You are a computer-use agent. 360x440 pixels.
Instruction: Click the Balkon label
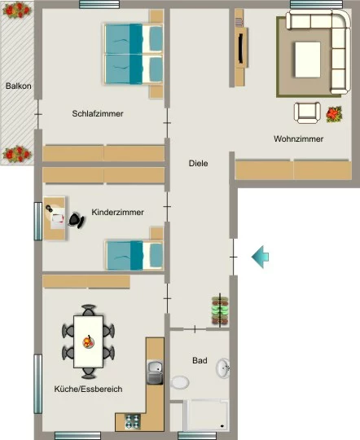click(19, 86)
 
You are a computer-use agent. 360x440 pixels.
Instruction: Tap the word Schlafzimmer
click(98, 113)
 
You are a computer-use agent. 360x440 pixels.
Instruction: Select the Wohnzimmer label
click(299, 139)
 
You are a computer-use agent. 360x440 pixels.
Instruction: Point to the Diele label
click(199, 163)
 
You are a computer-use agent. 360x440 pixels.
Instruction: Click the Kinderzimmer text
click(117, 212)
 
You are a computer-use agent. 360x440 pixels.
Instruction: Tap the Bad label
click(200, 360)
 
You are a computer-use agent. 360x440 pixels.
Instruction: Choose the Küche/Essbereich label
click(88, 389)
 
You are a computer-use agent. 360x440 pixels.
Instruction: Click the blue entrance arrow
click(260, 257)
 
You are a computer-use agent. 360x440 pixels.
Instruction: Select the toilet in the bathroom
click(180, 382)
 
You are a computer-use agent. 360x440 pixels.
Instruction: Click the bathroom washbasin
click(223, 367)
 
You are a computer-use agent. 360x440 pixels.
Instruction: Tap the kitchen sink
click(155, 372)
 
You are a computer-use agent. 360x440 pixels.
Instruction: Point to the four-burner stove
click(133, 421)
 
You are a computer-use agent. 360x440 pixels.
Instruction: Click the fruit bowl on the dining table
click(88, 341)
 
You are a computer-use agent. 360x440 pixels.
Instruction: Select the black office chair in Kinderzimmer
click(77, 220)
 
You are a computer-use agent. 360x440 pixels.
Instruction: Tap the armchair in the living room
click(307, 112)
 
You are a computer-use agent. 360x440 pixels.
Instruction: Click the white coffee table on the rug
click(308, 59)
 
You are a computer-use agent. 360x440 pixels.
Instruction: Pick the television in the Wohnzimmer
click(241, 48)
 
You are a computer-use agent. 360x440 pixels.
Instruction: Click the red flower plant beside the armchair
click(334, 114)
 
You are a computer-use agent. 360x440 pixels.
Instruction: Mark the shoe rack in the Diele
click(220, 311)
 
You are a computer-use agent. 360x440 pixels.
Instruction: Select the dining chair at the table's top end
click(89, 310)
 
